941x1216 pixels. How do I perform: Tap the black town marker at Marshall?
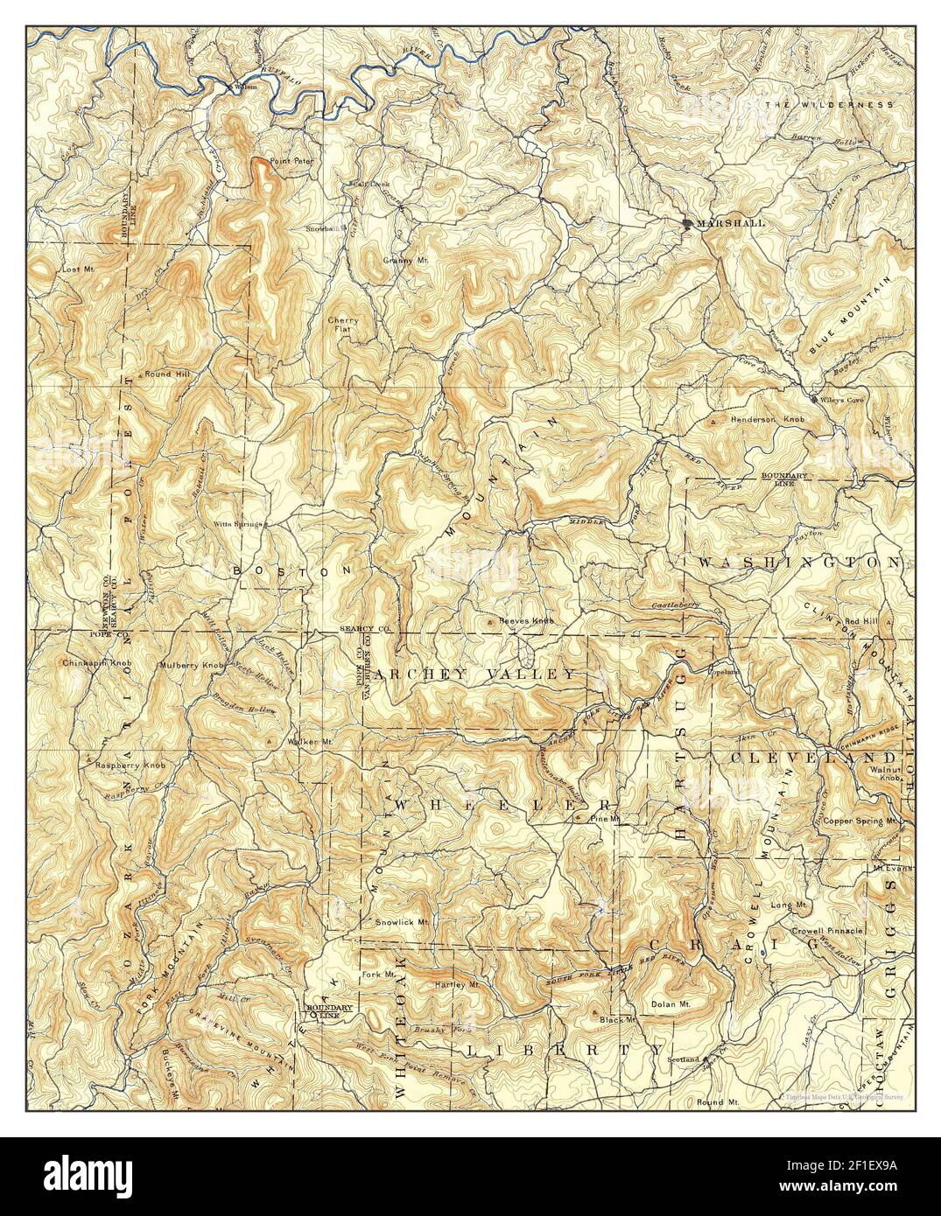(688, 224)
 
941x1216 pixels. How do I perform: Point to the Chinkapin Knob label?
(97, 663)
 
